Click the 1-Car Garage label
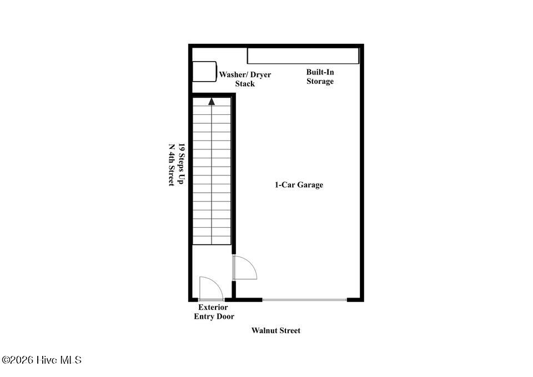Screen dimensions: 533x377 pyautogui.click(x=299, y=185)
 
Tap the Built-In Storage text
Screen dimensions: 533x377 pyautogui.click(x=320, y=77)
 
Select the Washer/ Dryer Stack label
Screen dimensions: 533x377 pyautogui.click(x=245, y=79)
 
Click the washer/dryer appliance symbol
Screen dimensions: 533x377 pyautogui.click(x=205, y=72)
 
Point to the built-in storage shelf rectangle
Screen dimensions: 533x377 pyautogui.click(x=303, y=56)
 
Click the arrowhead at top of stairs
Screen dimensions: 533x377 pyautogui.click(x=212, y=101)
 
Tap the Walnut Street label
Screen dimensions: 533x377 pyautogui.click(x=276, y=330)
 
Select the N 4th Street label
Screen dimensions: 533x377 pyautogui.click(x=172, y=165)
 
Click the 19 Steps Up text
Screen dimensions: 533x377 pyautogui.click(x=182, y=164)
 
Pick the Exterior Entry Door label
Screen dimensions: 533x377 pyautogui.click(x=214, y=311)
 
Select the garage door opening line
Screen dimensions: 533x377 pyautogui.click(x=305, y=300)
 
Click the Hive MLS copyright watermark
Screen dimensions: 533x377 pyautogui.click(x=42, y=360)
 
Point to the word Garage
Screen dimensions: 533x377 pyautogui.click(x=310, y=185)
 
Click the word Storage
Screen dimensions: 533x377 pyautogui.click(x=320, y=81)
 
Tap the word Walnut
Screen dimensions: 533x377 pyautogui.click(x=263, y=330)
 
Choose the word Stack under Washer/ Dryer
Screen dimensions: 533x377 pyautogui.click(x=245, y=84)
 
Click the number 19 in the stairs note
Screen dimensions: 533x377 pyautogui.click(x=182, y=147)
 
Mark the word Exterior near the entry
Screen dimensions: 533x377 pyautogui.click(x=213, y=307)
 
